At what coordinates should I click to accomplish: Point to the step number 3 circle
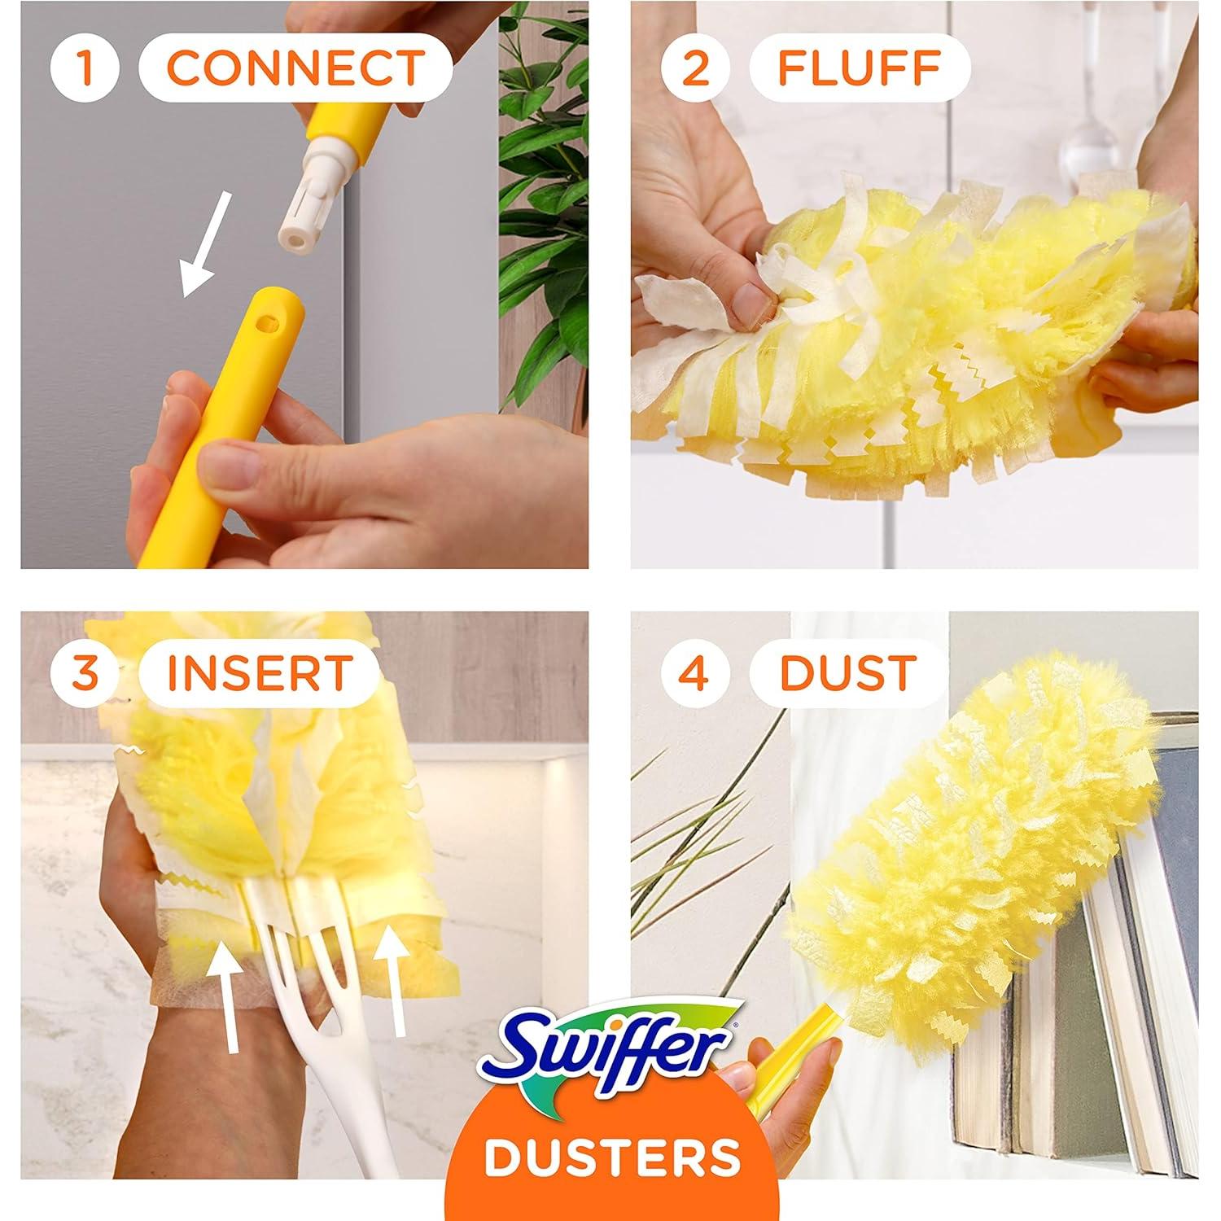85,673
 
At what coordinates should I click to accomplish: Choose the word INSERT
259,673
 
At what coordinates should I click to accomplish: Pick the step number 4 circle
694,673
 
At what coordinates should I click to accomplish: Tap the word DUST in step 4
848,673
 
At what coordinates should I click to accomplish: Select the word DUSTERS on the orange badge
610,1158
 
